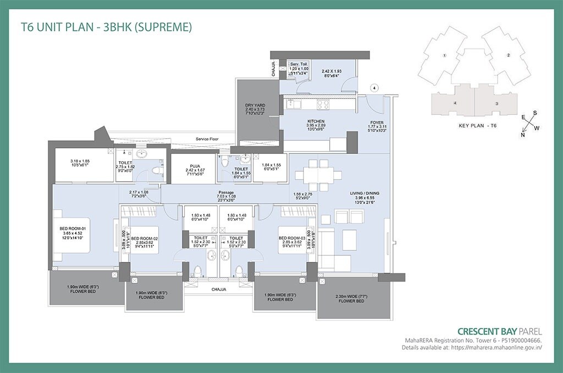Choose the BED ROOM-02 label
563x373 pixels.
coord(145,239)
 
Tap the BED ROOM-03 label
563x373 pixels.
coord(292,239)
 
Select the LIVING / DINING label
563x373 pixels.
coord(365,194)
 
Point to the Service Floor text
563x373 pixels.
coord(207,139)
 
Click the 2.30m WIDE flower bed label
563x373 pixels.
coord(352,299)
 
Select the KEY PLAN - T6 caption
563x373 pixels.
coord(477,126)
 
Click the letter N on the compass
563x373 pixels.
coord(522,134)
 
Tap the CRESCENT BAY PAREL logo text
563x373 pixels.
coord(499,331)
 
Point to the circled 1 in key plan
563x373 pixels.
coord(445,56)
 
